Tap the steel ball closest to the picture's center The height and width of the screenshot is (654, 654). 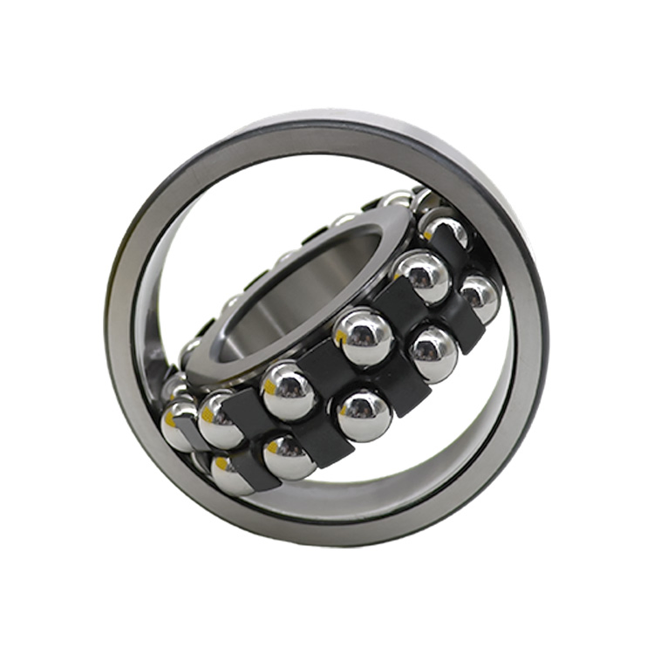[x=362, y=336]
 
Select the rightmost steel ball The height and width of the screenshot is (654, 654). [x=480, y=299]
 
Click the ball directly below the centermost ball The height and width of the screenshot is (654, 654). [x=364, y=414]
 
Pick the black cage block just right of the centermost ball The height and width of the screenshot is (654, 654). [x=401, y=305]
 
